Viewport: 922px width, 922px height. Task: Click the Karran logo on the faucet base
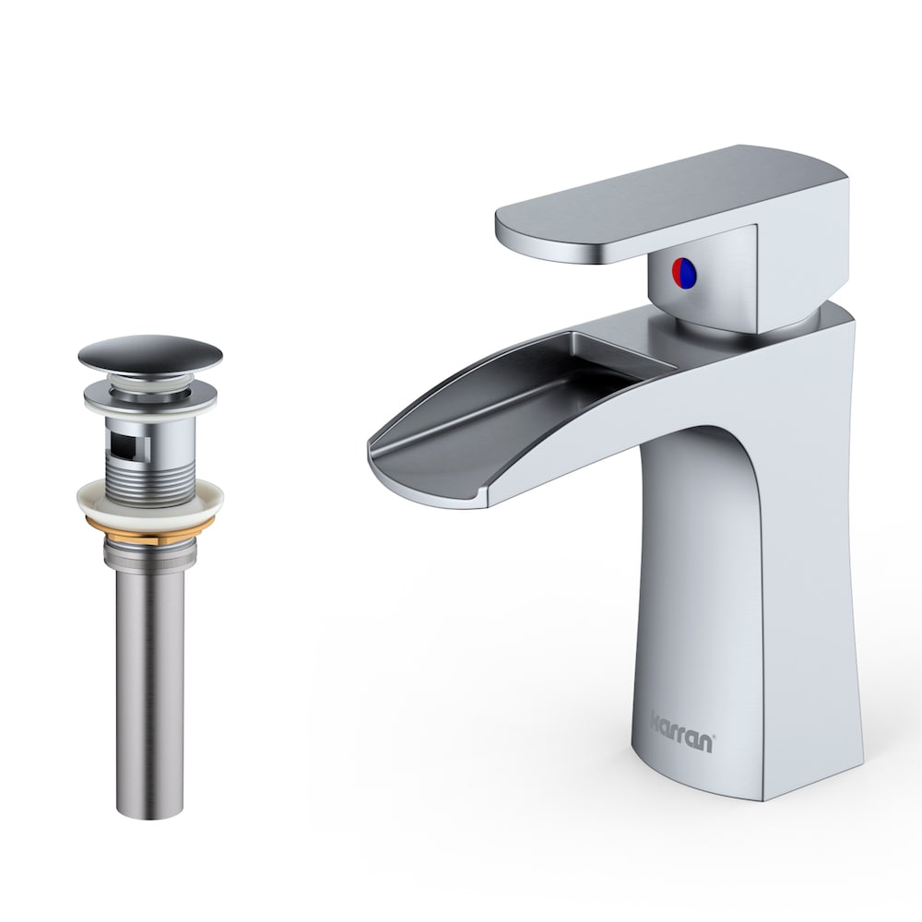click(682, 719)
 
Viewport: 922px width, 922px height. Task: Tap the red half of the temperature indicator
click(679, 271)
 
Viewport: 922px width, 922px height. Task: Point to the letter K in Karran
click(656, 717)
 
